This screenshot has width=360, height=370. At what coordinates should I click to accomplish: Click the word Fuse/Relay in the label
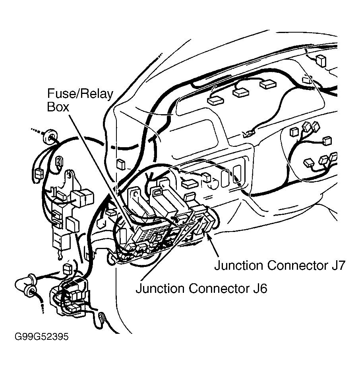80,94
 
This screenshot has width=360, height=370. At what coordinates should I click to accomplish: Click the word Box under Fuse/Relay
58,107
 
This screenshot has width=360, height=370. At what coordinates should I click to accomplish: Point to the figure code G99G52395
41,337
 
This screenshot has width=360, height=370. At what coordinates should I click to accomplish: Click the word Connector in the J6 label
217,288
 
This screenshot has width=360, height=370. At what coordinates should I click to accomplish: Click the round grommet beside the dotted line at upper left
50,136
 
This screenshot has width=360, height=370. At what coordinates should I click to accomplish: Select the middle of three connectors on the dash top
241,92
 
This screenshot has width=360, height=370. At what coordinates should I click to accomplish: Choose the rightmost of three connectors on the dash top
268,84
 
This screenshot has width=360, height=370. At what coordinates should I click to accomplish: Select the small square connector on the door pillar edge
121,164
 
